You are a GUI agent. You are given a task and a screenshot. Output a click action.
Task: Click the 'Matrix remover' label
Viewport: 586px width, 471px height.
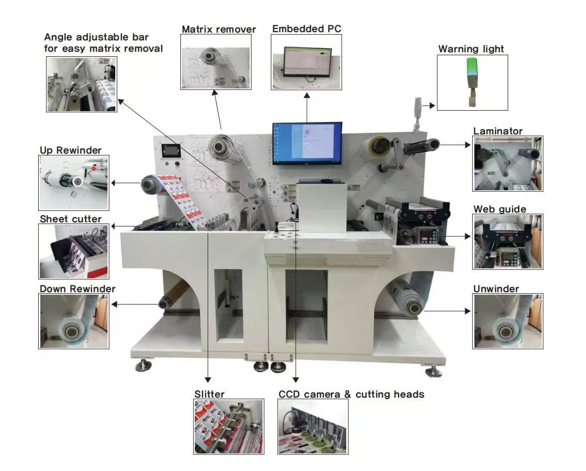[x=219, y=29]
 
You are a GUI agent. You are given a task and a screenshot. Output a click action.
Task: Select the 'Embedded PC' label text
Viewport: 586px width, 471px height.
[x=306, y=29]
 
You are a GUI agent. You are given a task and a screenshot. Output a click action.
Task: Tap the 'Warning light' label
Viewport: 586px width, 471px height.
[x=471, y=49]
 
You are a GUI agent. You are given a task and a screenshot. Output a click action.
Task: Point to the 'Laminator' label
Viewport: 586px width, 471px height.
[x=498, y=131]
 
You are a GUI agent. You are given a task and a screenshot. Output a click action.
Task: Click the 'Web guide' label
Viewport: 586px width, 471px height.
[x=500, y=209]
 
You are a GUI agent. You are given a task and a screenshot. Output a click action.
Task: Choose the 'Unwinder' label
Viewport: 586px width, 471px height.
[x=496, y=288]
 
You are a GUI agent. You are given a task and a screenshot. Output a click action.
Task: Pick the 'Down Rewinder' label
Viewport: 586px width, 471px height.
[x=78, y=288]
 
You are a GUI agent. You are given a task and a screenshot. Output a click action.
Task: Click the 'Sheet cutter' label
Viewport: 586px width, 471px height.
[x=71, y=219]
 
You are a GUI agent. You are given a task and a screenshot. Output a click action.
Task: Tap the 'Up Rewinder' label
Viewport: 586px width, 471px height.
[x=71, y=150]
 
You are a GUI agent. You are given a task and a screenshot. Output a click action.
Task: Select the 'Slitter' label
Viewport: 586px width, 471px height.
[x=209, y=394]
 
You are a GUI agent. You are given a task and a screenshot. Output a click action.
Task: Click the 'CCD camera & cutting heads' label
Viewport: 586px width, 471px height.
[x=351, y=394]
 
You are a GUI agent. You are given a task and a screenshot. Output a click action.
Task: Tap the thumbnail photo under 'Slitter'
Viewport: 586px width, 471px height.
[x=228, y=427]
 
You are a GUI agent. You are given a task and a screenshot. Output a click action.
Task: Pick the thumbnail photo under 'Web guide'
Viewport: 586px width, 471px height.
[x=507, y=242]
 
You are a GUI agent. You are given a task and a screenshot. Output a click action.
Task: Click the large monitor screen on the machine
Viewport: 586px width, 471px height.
[x=307, y=144]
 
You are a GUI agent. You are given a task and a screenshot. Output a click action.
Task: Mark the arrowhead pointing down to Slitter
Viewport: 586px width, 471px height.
[x=208, y=381]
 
